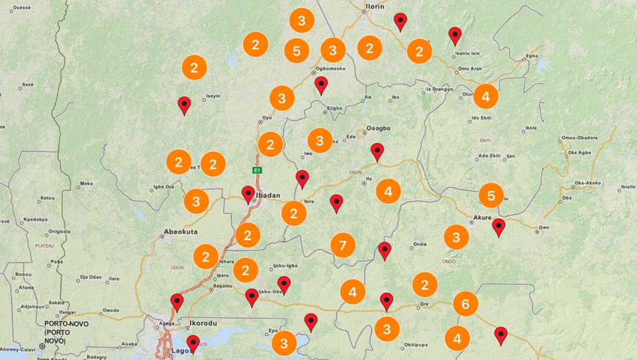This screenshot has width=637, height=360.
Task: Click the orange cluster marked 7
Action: pyautogui.click(x=343, y=245)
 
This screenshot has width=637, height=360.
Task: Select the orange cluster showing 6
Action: pyautogui.click(x=465, y=304)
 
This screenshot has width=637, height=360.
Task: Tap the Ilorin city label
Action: pyautogui.click(x=374, y=6)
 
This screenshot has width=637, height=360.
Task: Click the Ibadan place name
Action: pyautogui.click(x=268, y=195)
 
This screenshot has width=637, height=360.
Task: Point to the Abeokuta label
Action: pyautogui.click(x=180, y=232)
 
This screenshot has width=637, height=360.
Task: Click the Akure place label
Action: pyautogui.click(x=482, y=218)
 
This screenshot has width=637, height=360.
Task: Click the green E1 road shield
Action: pyautogui.click(x=256, y=170)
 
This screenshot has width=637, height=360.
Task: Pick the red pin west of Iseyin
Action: pyautogui.click(x=184, y=104)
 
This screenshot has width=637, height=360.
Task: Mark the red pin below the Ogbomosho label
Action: pyautogui.click(x=321, y=85)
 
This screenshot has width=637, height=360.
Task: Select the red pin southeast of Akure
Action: pyautogui.click(x=498, y=226)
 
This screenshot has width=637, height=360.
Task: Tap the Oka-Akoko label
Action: pyautogui.click(x=588, y=183)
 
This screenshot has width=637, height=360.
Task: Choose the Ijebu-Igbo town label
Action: pyautogui.click(x=286, y=266)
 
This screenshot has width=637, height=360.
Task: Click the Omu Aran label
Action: pyautogui.click(x=470, y=68)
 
